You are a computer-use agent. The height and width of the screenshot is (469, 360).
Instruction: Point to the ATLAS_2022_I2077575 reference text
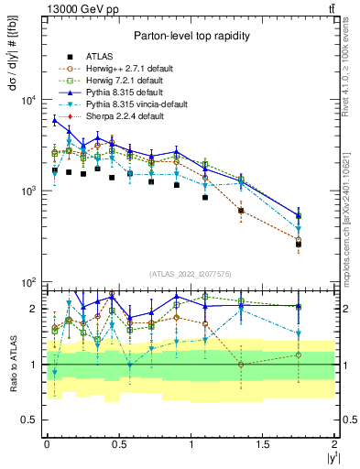click(191, 274)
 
